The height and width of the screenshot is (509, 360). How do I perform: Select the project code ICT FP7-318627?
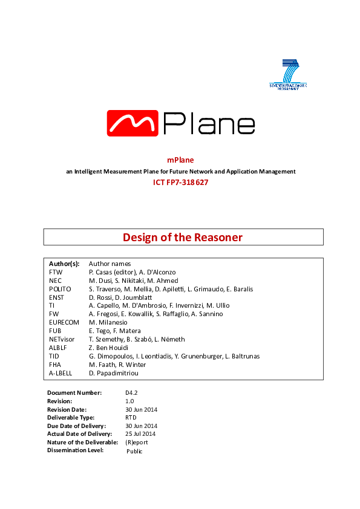(x=180, y=182)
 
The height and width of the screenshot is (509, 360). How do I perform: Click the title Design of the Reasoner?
(x=183, y=238)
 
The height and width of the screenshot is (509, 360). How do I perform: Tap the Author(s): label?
(x=64, y=264)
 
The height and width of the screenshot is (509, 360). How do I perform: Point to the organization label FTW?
(x=55, y=273)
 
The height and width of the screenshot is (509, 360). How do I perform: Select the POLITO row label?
(x=59, y=289)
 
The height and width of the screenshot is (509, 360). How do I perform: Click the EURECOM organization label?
(x=64, y=323)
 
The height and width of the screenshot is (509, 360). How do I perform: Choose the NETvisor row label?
(x=63, y=340)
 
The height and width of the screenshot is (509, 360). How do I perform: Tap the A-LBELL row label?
(x=61, y=374)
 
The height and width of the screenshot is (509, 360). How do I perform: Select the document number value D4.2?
(x=131, y=393)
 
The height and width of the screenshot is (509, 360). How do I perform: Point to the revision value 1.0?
(x=129, y=401)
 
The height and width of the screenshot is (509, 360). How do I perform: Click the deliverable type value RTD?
(x=131, y=417)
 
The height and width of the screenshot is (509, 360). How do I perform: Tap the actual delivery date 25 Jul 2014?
(x=140, y=434)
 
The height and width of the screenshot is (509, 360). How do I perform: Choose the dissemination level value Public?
(x=134, y=451)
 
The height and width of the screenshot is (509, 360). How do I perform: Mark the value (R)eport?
(x=136, y=442)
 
